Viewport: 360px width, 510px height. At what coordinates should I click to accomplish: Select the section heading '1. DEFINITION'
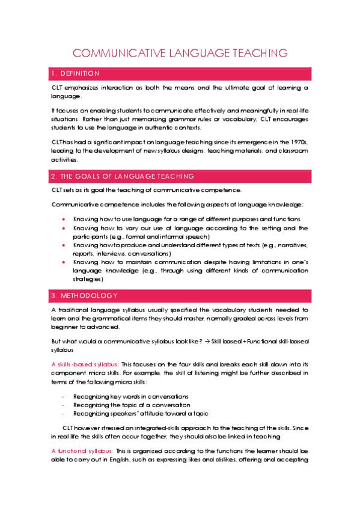(x=76, y=73)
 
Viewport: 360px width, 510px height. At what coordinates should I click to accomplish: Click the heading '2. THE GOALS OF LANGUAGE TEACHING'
(x=123, y=176)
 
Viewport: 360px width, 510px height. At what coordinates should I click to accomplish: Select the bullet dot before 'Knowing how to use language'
(x=63, y=220)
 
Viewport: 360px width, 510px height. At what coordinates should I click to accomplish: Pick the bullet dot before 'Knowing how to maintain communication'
(x=63, y=262)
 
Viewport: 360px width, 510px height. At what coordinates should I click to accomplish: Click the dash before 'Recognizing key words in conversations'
(x=63, y=396)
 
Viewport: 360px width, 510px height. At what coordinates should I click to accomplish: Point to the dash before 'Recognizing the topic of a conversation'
(x=63, y=405)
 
